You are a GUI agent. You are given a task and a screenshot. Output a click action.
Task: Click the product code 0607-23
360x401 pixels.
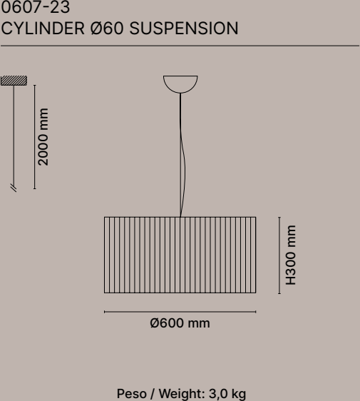coord(36,7)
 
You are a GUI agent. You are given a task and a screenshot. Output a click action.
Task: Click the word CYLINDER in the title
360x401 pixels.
coord(43,28)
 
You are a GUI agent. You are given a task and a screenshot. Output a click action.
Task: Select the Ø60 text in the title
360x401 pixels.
coord(107,28)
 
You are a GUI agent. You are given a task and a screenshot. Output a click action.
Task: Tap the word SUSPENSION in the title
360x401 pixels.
coord(184,28)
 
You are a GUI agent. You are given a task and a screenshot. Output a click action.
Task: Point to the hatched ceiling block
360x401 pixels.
coord(14,81)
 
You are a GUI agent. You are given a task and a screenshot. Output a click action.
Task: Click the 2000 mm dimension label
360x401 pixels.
coord(43,137)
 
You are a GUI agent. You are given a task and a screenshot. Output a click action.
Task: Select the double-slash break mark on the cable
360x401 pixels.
coord(14,188)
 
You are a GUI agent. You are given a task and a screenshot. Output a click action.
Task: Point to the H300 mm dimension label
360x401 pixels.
coord(291,255)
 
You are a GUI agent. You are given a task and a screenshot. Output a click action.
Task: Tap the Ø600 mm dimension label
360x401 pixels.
coord(180,323)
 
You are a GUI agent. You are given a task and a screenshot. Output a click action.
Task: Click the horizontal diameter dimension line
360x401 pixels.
coord(180,312)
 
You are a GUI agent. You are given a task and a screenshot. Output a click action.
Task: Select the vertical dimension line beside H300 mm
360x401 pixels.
coord(279,255)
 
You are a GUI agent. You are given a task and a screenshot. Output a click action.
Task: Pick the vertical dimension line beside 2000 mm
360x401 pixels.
coord(34,137)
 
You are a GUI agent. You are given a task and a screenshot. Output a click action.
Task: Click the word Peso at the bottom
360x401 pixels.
coord(132,394)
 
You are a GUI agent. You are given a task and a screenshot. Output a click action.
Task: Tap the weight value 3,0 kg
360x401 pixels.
coord(227,394)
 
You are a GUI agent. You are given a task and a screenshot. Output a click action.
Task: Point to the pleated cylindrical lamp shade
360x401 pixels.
coord(180,255)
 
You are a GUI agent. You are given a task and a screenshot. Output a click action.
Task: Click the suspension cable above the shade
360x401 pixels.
coord(181,155)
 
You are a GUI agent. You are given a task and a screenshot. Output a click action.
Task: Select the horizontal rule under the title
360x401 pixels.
coord(180,46)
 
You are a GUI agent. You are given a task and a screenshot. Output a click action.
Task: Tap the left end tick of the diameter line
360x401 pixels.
coord(105,312)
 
